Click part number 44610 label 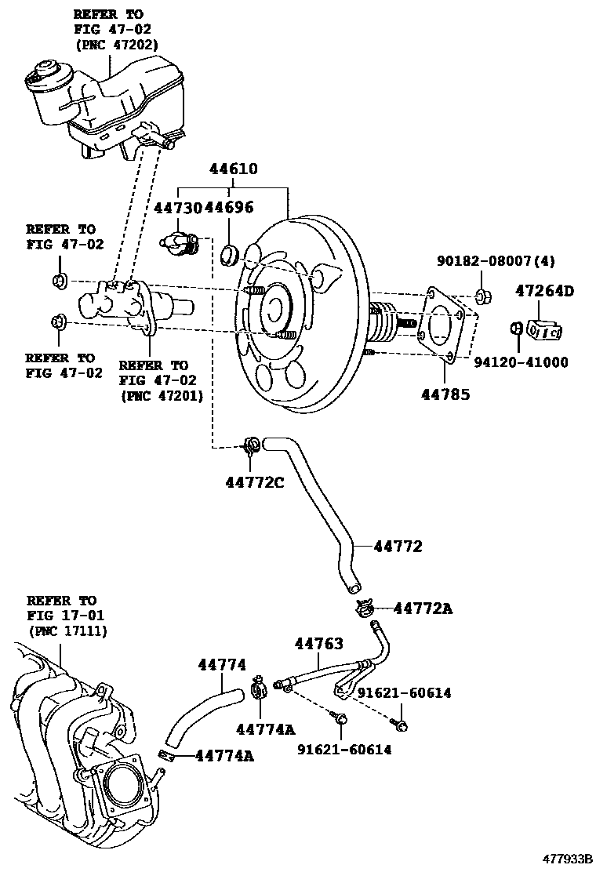click(x=233, y=169)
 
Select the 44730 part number click(x=178, y=207)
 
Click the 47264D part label click(x=544, y=291)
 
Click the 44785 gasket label click(x=444, y=394)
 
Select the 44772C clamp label click(x=254, y=481)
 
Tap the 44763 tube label click(x=318, y=643)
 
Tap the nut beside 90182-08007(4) click(x=483, y=297)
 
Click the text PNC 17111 click(x=67, y=630)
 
